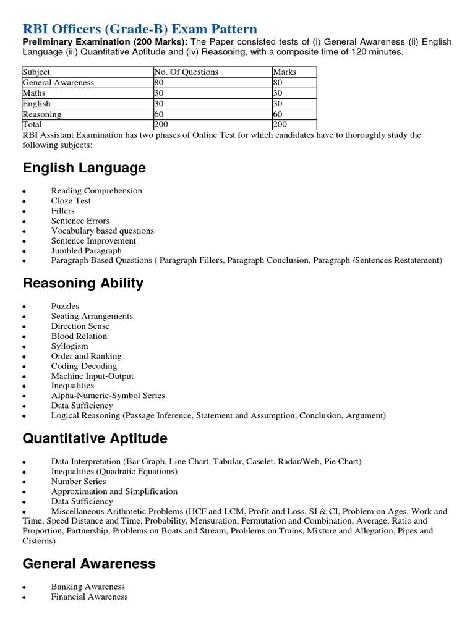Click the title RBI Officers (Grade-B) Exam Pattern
pos(140,29)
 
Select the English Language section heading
pos(84,168)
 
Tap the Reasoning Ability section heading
pos(83,284)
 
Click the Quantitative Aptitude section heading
pos(95,439)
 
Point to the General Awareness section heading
pos(89,564)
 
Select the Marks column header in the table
pos(285,72)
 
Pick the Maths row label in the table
pos(34,93)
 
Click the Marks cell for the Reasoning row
pos(278,114)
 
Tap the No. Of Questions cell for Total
pos(161,124)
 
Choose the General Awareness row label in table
pos(58,83)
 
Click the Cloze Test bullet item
pos(71,201)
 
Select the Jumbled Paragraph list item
pos(86,251)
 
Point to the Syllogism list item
pos(69,346)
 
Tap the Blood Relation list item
pos(79,336)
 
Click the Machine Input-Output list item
pos(92,376)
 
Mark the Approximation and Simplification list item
pos(114,491)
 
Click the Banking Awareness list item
pos(88,587)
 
